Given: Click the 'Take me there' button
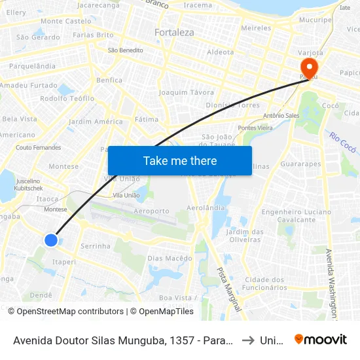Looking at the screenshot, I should click(x=180, y=161).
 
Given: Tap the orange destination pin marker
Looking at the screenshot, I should click(x=308, y=67).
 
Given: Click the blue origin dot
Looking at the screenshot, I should click(x=51, y=240).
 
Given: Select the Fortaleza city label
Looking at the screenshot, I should click(x=174, y=32).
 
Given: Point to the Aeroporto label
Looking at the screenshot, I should click(x=151, y=211).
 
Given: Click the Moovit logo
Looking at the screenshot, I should click(x=321, y=339).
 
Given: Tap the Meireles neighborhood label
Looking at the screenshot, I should click(x=256, y=28).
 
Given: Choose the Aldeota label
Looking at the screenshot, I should click(x=220, y=52).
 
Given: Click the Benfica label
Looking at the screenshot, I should click(x=109, y=81).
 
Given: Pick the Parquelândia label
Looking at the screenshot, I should click(x=32, y=66).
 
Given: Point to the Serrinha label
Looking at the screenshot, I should click(x=95, y=245).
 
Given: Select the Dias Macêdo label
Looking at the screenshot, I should click(x=170, y=258).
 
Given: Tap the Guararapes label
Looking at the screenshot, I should click(x=300, y=165).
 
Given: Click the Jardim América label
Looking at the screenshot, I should click(x=96, y=122).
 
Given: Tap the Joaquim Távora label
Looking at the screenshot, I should click(x=187, y=92).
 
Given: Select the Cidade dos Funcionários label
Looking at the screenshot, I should click(x=264, y=283).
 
